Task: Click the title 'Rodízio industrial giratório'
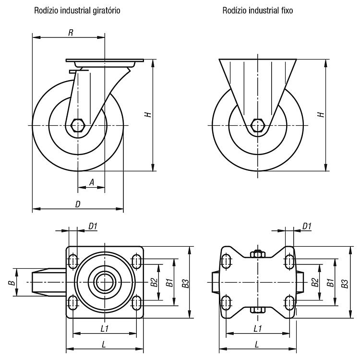77,11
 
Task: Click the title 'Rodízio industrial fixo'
258,11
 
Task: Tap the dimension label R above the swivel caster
71,33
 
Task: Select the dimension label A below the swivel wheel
92,182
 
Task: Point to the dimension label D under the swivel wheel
78,204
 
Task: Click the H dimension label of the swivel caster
148,114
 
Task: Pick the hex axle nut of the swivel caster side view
78,125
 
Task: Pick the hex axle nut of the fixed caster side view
258,125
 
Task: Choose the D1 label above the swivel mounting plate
93,227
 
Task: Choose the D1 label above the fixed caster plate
307,227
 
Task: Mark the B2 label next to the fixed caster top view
315,282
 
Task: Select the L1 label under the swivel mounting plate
105,329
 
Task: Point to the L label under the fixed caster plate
257,344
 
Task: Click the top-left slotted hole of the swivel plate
73,261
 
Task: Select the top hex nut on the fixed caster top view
258,254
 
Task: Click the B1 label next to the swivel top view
169,283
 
